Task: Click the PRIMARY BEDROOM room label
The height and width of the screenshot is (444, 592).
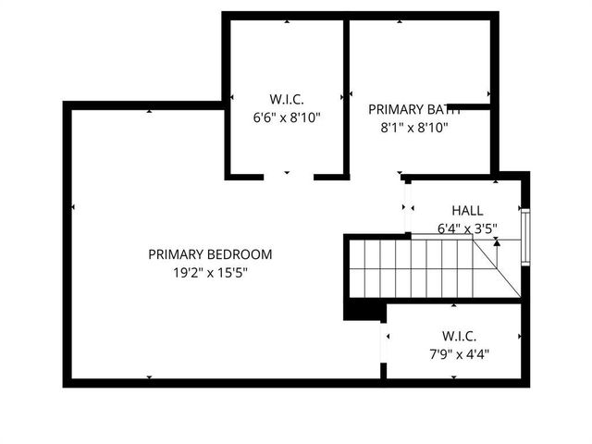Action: click(x=210, y=254)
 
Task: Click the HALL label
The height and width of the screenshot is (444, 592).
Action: click(x=466, y=211)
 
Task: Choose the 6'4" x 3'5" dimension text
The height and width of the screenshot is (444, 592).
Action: click(x=466, y=228)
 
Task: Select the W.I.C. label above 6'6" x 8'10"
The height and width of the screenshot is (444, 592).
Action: click(x=287, y=99)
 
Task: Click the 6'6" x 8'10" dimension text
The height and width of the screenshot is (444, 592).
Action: click(x=287, y=117)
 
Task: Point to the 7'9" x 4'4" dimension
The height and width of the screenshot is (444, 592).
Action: click(x=459, y=354)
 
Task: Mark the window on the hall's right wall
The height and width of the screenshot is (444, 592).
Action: click(x=525, y=239)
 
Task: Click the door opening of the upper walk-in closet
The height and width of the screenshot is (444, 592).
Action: click(x=289, y=175)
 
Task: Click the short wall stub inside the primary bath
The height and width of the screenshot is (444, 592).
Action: click(x=468, y=106)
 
